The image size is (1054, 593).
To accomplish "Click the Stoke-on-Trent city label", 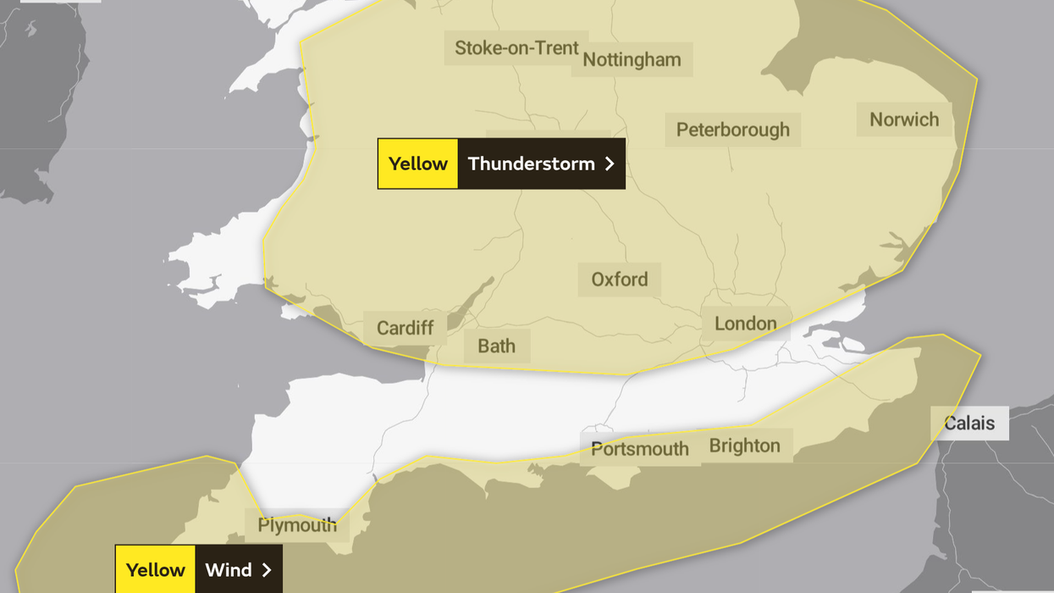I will (x=516, y=47).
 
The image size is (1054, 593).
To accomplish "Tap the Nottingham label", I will (x=632, y=59).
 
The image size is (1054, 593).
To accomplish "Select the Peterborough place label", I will (x=732, y=130).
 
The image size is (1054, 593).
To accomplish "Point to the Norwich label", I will (x=904, y=119).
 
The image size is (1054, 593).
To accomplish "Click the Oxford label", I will (x=620, y=280).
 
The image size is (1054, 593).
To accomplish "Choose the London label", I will (x=745, y=324).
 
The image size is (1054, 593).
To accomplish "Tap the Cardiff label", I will (x=405, y=328).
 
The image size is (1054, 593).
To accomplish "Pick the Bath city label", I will (x=496, y=346).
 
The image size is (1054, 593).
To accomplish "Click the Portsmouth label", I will (x=640, y=449).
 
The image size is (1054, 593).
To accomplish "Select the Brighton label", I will (x=745, y=446).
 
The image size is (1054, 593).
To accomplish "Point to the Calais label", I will (x=969, y=423).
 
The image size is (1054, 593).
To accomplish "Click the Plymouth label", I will (x=297, y=525).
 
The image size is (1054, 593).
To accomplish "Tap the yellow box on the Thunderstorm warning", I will (x=418, y=163).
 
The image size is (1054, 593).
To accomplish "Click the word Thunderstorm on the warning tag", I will (x=531, y=163).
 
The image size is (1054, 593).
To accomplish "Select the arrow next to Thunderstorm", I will (x=610, y=163).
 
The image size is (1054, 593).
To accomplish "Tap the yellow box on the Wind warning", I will (x=156, y=569).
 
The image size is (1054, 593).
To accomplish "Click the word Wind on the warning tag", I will (x=229, y=569).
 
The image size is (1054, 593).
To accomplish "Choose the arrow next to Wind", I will (x=267, y=569).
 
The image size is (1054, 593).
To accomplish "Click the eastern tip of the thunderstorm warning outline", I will (x=977, y=80).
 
